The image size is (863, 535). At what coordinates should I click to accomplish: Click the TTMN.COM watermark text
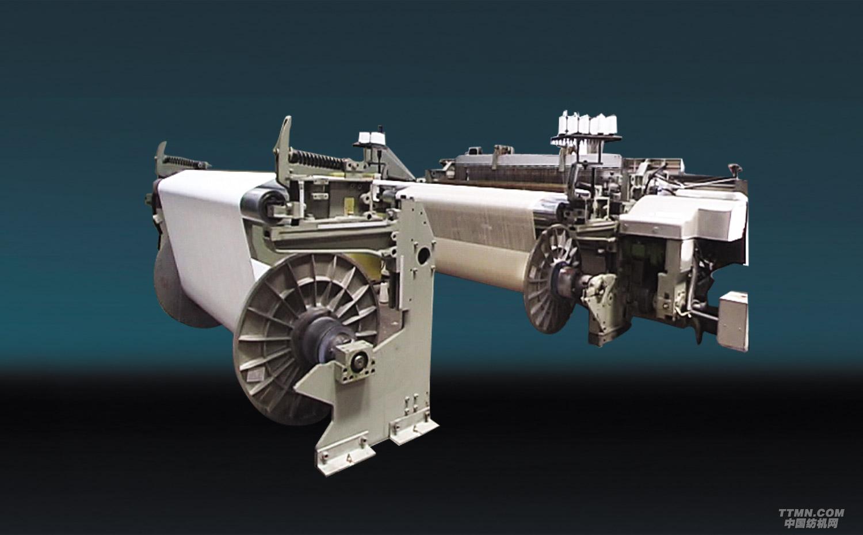(x=811, y=513)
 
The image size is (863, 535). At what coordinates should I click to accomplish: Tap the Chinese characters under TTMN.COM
(x=811, y=523)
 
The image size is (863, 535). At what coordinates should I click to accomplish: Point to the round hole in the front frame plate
(x=423, y=255)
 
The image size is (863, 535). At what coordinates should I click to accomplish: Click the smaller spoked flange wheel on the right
(x=551, y=279)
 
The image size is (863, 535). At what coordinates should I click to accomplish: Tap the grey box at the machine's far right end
(x=733, y=321)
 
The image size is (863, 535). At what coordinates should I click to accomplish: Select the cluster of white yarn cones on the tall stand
(x=588, y=123)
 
